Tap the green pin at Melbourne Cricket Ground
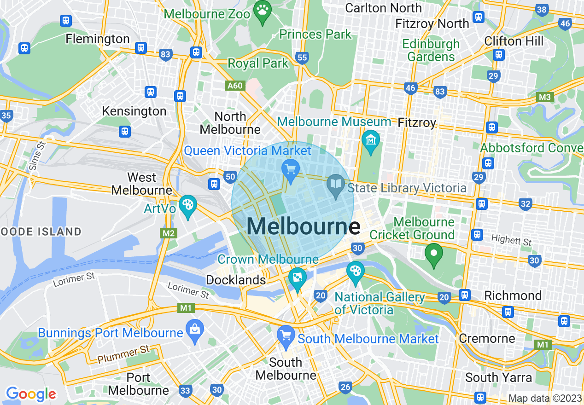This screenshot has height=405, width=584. pyautogui.click(x=433, y=254)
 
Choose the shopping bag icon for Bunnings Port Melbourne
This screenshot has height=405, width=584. pyautogui.click(x=195, y=330)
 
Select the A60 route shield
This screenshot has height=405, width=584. pyautogui.click(x=234, y=86)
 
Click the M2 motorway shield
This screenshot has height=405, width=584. pyautogui.click(x=169, y=233)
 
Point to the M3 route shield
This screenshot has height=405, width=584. pyautogui.click(x=545, y=97)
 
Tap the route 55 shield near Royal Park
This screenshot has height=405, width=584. pyautogui.click(x=302, y=58)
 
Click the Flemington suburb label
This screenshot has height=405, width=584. pyautogui.click(x=98, y=39)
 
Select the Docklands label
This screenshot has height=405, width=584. pyautogui.click(x=236, y=280)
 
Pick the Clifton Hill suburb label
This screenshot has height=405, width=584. pyautogui.click(x=514, y=41)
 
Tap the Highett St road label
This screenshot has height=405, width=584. pyautogui.click(x=511, y=240)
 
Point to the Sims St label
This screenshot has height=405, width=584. pyautogui.click(x=37, y=157)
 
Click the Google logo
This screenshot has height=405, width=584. pyautogui.click(x=31, y=394)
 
